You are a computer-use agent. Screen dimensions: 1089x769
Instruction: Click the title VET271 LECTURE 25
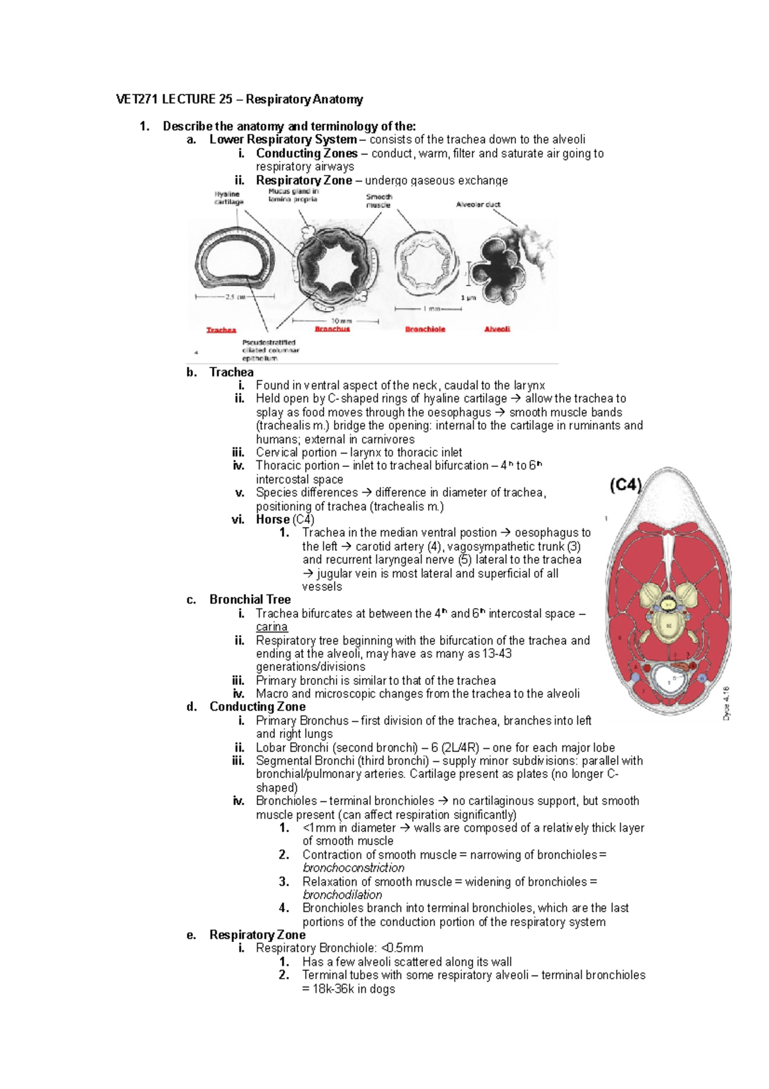[239, 99]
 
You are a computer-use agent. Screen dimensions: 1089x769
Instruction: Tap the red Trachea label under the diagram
[221, 330]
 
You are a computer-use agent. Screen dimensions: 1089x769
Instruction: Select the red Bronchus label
[332, 329]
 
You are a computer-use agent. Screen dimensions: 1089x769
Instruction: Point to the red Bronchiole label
[425, 329]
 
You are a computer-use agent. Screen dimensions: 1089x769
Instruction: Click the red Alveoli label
[497, 329]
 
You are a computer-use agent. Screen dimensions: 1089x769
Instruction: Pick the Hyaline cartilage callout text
[229, 198]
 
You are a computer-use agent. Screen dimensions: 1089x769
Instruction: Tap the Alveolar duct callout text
[478, 205]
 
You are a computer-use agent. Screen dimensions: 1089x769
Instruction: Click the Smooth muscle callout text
[379, 201]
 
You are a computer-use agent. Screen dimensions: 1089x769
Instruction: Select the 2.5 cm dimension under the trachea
[235, 297]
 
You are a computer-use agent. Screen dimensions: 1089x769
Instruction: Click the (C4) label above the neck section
[625, 485]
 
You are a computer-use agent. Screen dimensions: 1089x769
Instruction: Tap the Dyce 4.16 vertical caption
[726, 703]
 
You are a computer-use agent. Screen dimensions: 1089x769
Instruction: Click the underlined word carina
[272, 627]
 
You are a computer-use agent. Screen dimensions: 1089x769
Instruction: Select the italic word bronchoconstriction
[353, 868]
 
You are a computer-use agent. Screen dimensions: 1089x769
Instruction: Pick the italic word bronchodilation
[342, 895]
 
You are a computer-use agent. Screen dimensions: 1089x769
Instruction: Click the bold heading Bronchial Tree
[250, 600]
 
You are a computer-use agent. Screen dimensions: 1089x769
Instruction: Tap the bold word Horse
[272, 519]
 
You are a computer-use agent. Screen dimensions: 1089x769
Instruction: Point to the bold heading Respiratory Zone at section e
[257, 935]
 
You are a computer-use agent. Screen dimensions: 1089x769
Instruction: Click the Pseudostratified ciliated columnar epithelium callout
[270, 350]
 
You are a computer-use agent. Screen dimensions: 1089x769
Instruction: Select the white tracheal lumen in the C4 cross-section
[668, 680]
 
